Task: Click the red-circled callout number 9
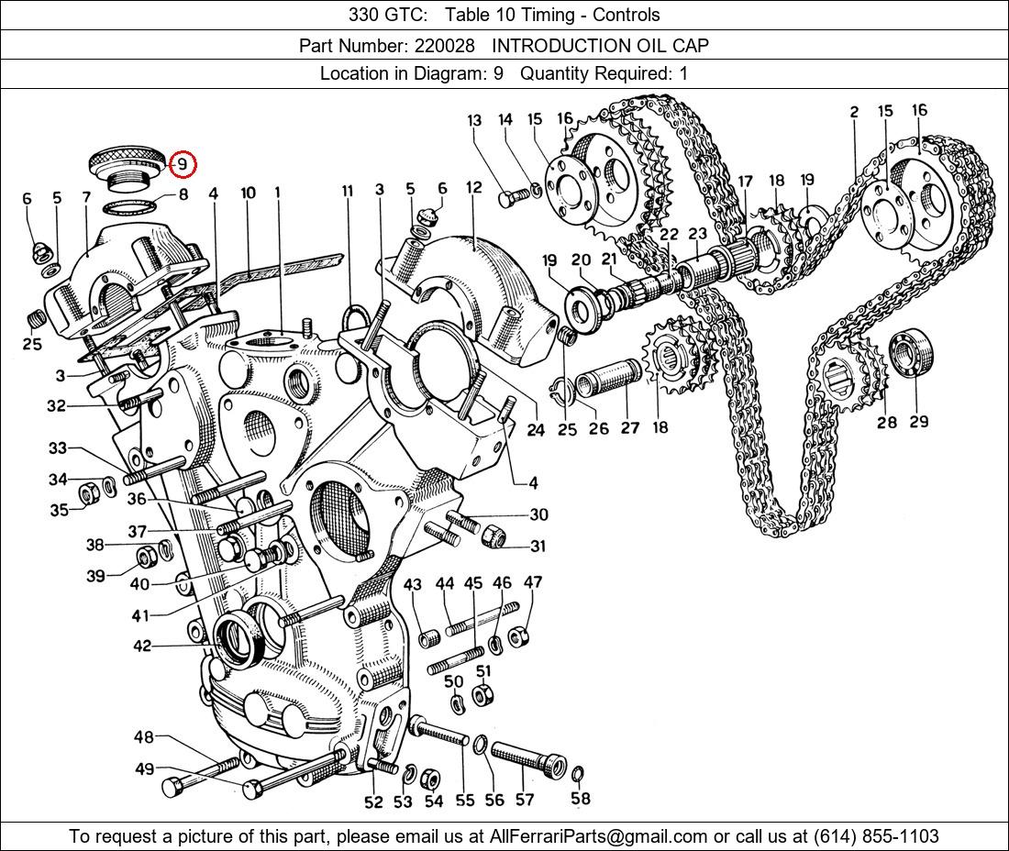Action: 183,164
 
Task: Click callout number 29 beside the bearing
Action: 918,421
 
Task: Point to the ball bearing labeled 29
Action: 912,352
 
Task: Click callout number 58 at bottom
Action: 580,798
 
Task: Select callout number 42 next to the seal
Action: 141,646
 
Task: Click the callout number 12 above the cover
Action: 473,188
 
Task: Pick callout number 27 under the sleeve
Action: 630,427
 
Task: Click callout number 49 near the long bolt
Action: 144,769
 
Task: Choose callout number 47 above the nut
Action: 533,582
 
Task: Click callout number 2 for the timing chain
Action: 854,112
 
